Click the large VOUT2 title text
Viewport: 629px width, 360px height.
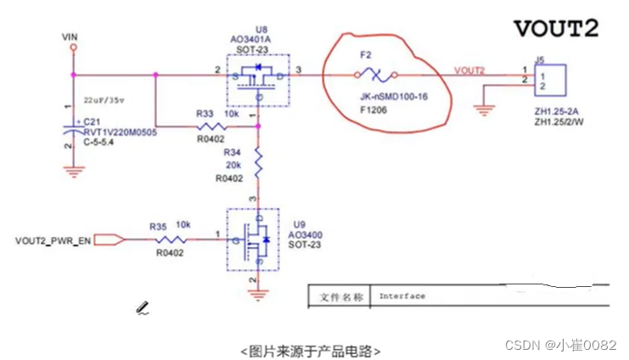pyautogui.click(x=555, y=28)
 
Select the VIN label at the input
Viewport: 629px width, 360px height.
pyautogui.click(x=71, y=37)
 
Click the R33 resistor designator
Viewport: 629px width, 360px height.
pyautogui.click(x=204, y=114)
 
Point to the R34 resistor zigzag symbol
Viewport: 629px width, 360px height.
pyautogui.click(x=260, y=161)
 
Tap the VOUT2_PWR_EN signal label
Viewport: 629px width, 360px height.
pyautogui.click(x=53, y=242)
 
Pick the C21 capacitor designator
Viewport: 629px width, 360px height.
pyautogui.click(x=92, y=121)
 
